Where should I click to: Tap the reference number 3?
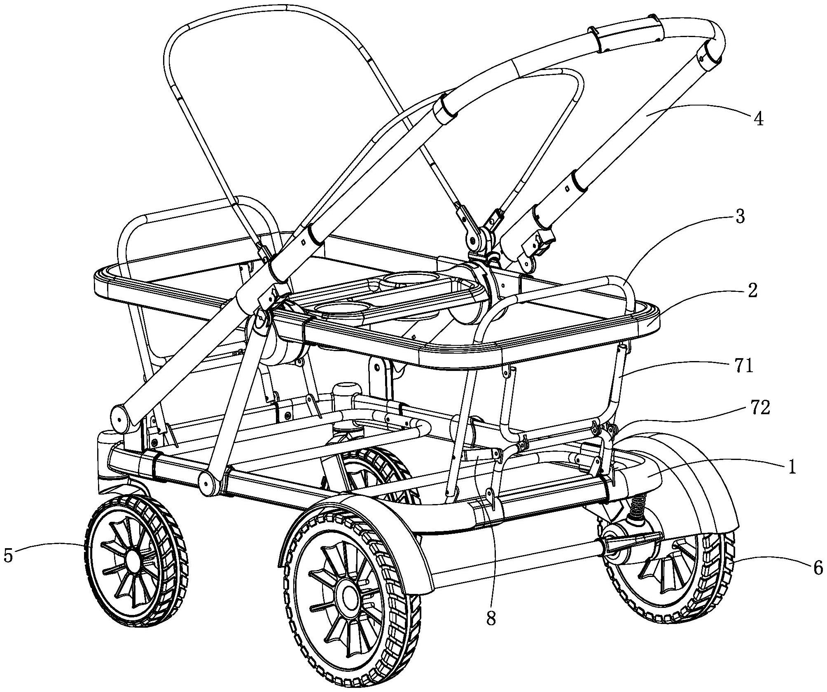pos(740,217)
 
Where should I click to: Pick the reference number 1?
pos(791,468)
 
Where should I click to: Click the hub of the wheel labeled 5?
pos(133,560)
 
